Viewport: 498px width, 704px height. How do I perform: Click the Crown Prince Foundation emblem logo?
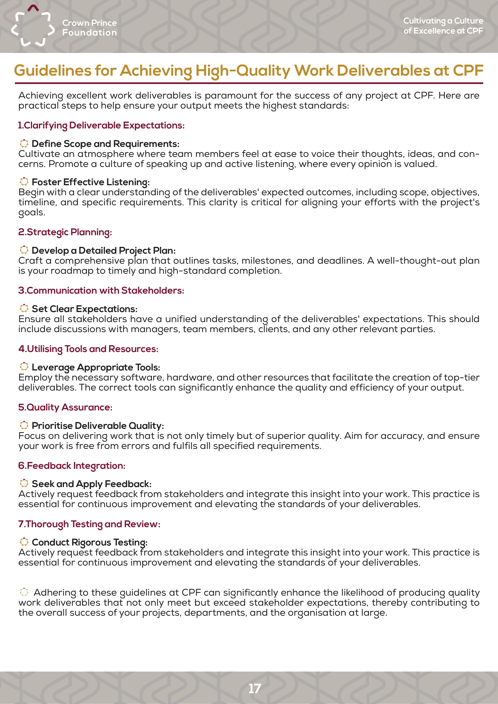point(33,26)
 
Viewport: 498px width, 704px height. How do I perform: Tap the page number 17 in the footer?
point(255,688)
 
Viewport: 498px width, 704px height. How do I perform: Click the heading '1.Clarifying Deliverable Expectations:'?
point(101,125)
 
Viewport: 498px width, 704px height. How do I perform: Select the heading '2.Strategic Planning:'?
point(65,232)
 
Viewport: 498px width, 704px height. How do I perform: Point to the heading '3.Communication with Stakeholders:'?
point(101,290)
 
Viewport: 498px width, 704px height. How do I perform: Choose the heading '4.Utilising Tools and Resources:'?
point(88,349)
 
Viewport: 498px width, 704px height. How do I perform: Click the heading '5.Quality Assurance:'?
point(65,407)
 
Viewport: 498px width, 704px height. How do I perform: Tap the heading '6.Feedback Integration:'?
point(72,466)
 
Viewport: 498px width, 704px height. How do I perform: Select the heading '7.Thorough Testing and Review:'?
point(89,524)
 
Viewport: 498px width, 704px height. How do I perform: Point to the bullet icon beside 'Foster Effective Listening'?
point(24,182)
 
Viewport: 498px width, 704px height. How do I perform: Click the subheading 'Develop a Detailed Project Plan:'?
point(104,250)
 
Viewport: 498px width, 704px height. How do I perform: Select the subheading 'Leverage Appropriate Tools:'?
point(96,367)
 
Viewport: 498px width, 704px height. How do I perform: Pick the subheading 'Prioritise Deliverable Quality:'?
point(98,426)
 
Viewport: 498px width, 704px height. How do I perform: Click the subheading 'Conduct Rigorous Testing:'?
point(90,542)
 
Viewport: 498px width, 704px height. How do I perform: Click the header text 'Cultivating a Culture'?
point(443,21)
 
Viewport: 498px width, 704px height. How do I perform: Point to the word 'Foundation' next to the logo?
point(90,33)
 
